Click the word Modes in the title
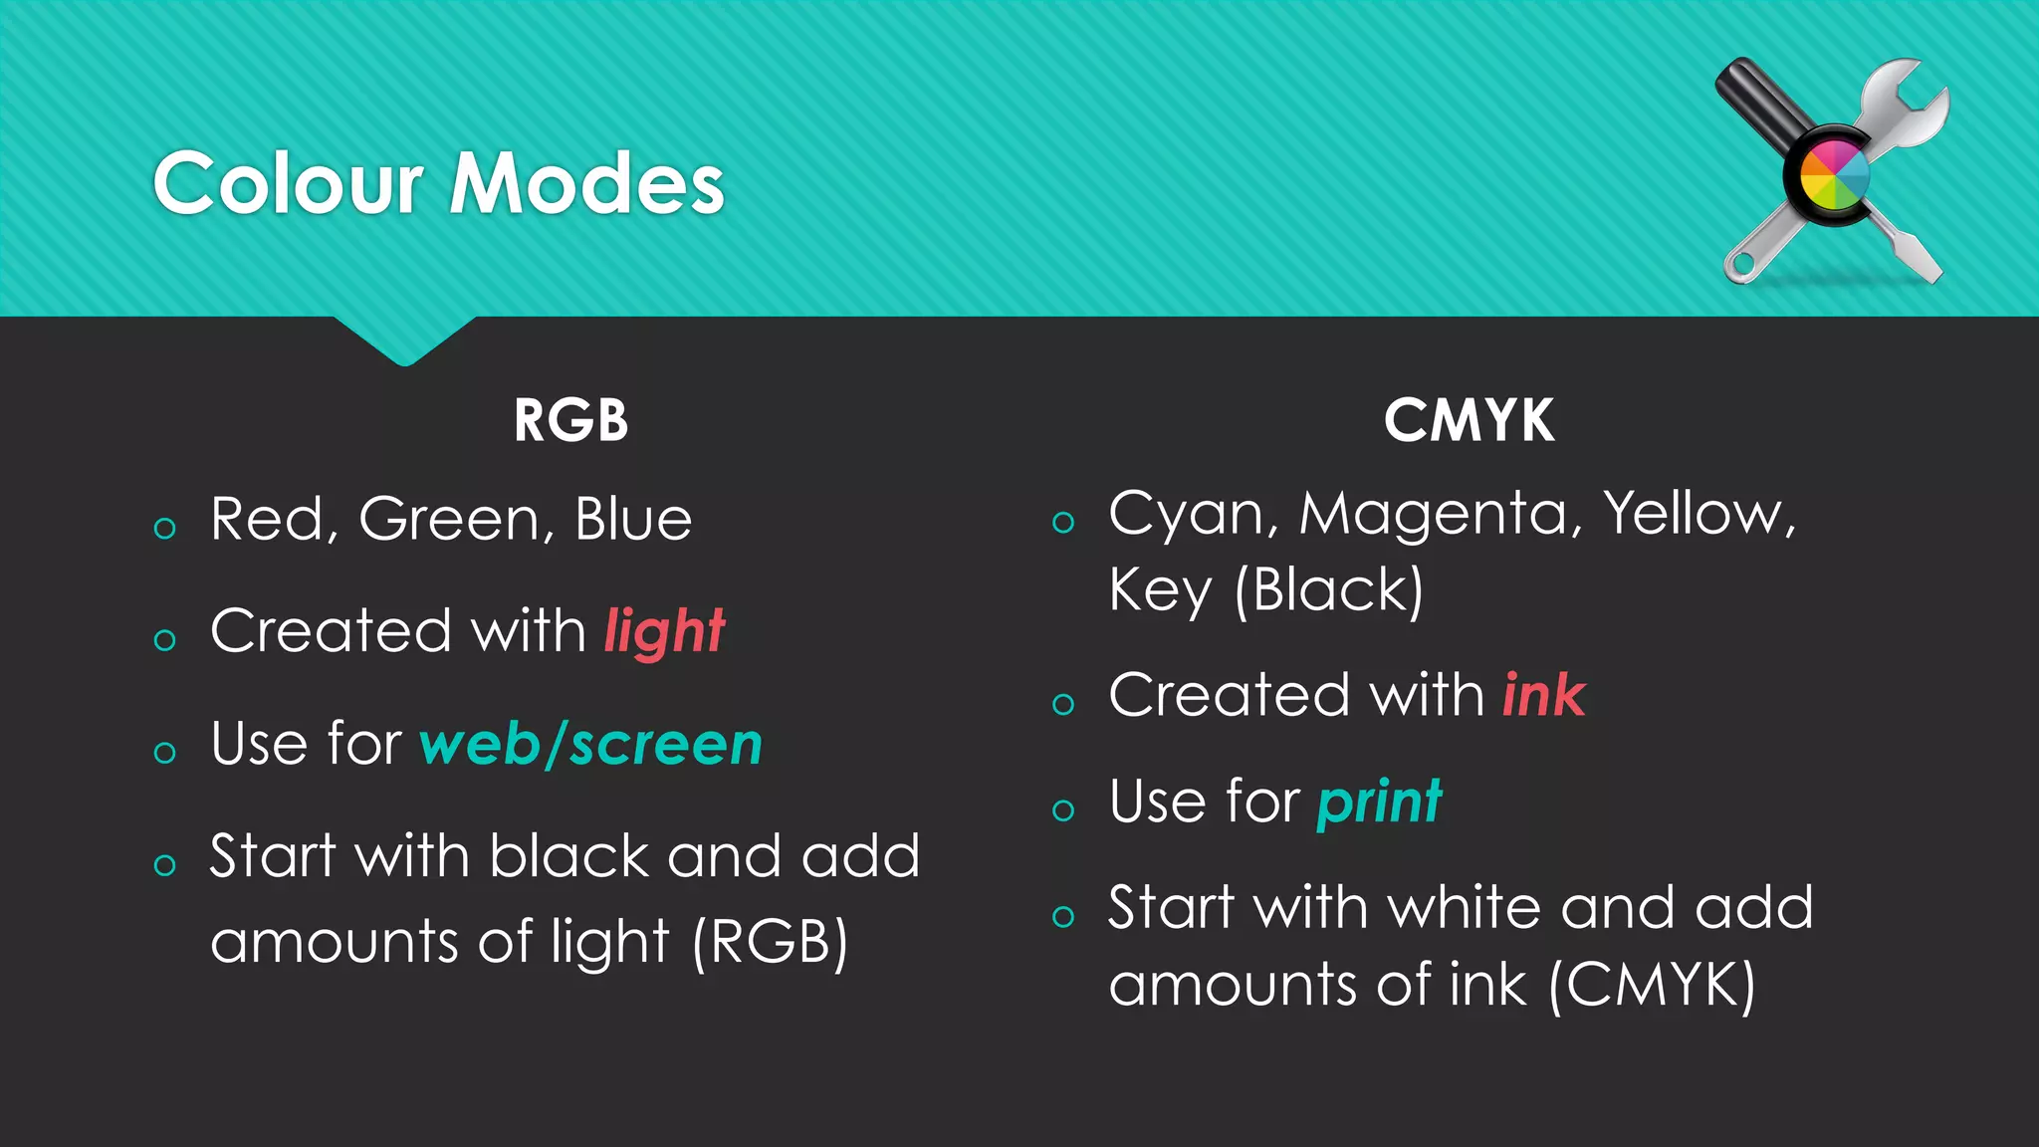tap(586, 183)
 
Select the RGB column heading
tap(570, 420)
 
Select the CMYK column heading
tap(1469, 420)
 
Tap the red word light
tap(664, 631)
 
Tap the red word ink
tap(1543, 694)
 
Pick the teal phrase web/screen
tap(590, 744)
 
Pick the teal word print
tap(1379, 801)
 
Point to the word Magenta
tap(1440, 514)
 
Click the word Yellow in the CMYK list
tap(1698, 514)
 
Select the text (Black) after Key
tap(1328, 590)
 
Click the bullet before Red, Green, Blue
tap(165, 528)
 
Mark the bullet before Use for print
tap(1063, 809)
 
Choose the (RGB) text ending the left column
tap(770, 942)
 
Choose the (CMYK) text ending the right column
tap(1652, 986)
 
